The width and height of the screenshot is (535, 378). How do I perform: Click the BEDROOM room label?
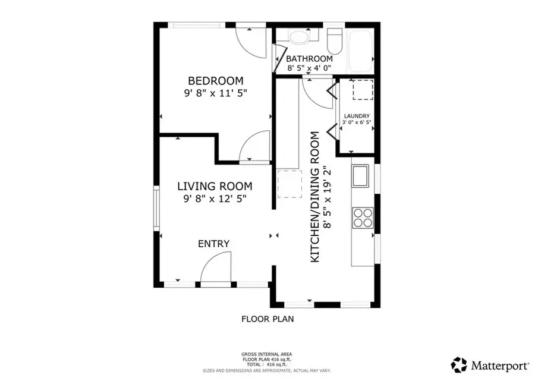215,81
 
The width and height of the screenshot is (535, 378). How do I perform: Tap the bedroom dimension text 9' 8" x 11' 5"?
215,93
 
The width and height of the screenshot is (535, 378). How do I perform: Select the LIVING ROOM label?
215,186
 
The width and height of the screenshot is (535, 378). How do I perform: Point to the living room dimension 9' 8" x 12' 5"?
215,198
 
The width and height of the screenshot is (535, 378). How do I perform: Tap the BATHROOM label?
309,59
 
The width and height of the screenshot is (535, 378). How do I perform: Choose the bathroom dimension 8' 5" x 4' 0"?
309,68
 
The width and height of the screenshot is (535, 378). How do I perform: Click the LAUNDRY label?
357,116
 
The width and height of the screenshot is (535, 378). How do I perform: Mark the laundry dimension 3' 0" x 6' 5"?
357,123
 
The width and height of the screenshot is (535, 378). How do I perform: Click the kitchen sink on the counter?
360,177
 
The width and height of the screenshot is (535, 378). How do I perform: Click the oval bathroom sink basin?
298,38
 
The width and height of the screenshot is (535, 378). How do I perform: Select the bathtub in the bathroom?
360,46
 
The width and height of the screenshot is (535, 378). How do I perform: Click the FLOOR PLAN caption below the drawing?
267,319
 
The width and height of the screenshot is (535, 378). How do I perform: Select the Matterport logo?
490,363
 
